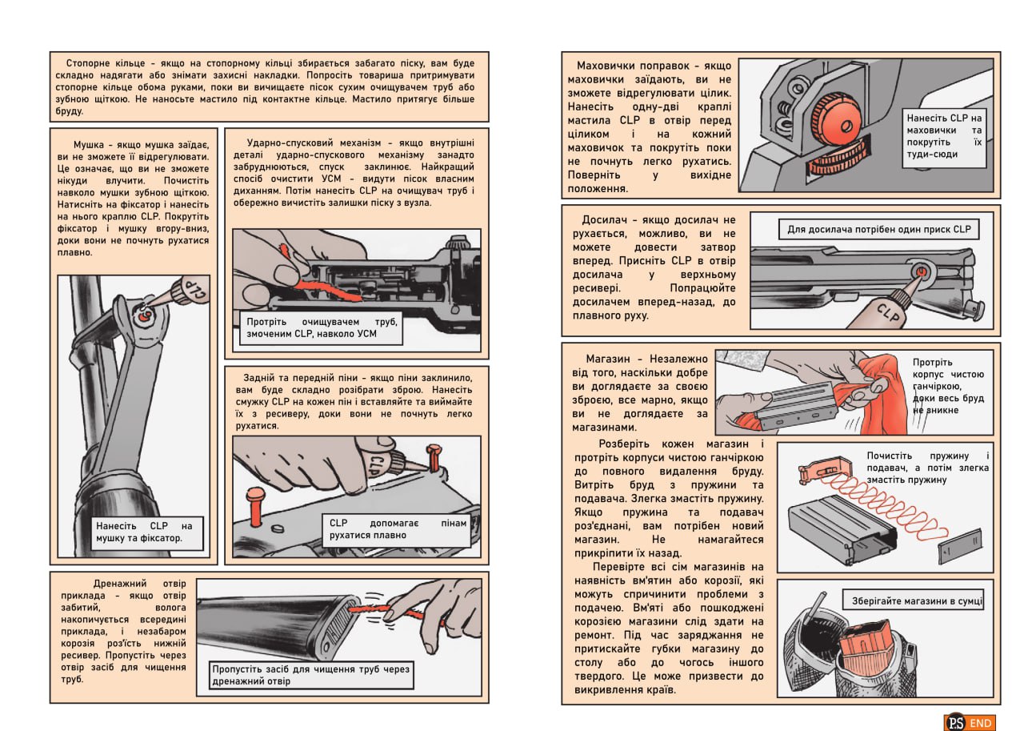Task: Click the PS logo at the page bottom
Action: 954,722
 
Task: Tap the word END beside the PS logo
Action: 981,723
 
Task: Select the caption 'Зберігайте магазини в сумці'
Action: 913,601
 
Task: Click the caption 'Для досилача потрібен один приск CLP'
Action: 878,230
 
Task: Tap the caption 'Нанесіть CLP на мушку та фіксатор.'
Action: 144,532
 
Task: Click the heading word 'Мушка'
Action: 90,145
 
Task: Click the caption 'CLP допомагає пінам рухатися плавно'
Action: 391,528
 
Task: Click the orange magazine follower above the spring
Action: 819,472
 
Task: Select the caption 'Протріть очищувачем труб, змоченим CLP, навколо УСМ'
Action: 322,327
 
